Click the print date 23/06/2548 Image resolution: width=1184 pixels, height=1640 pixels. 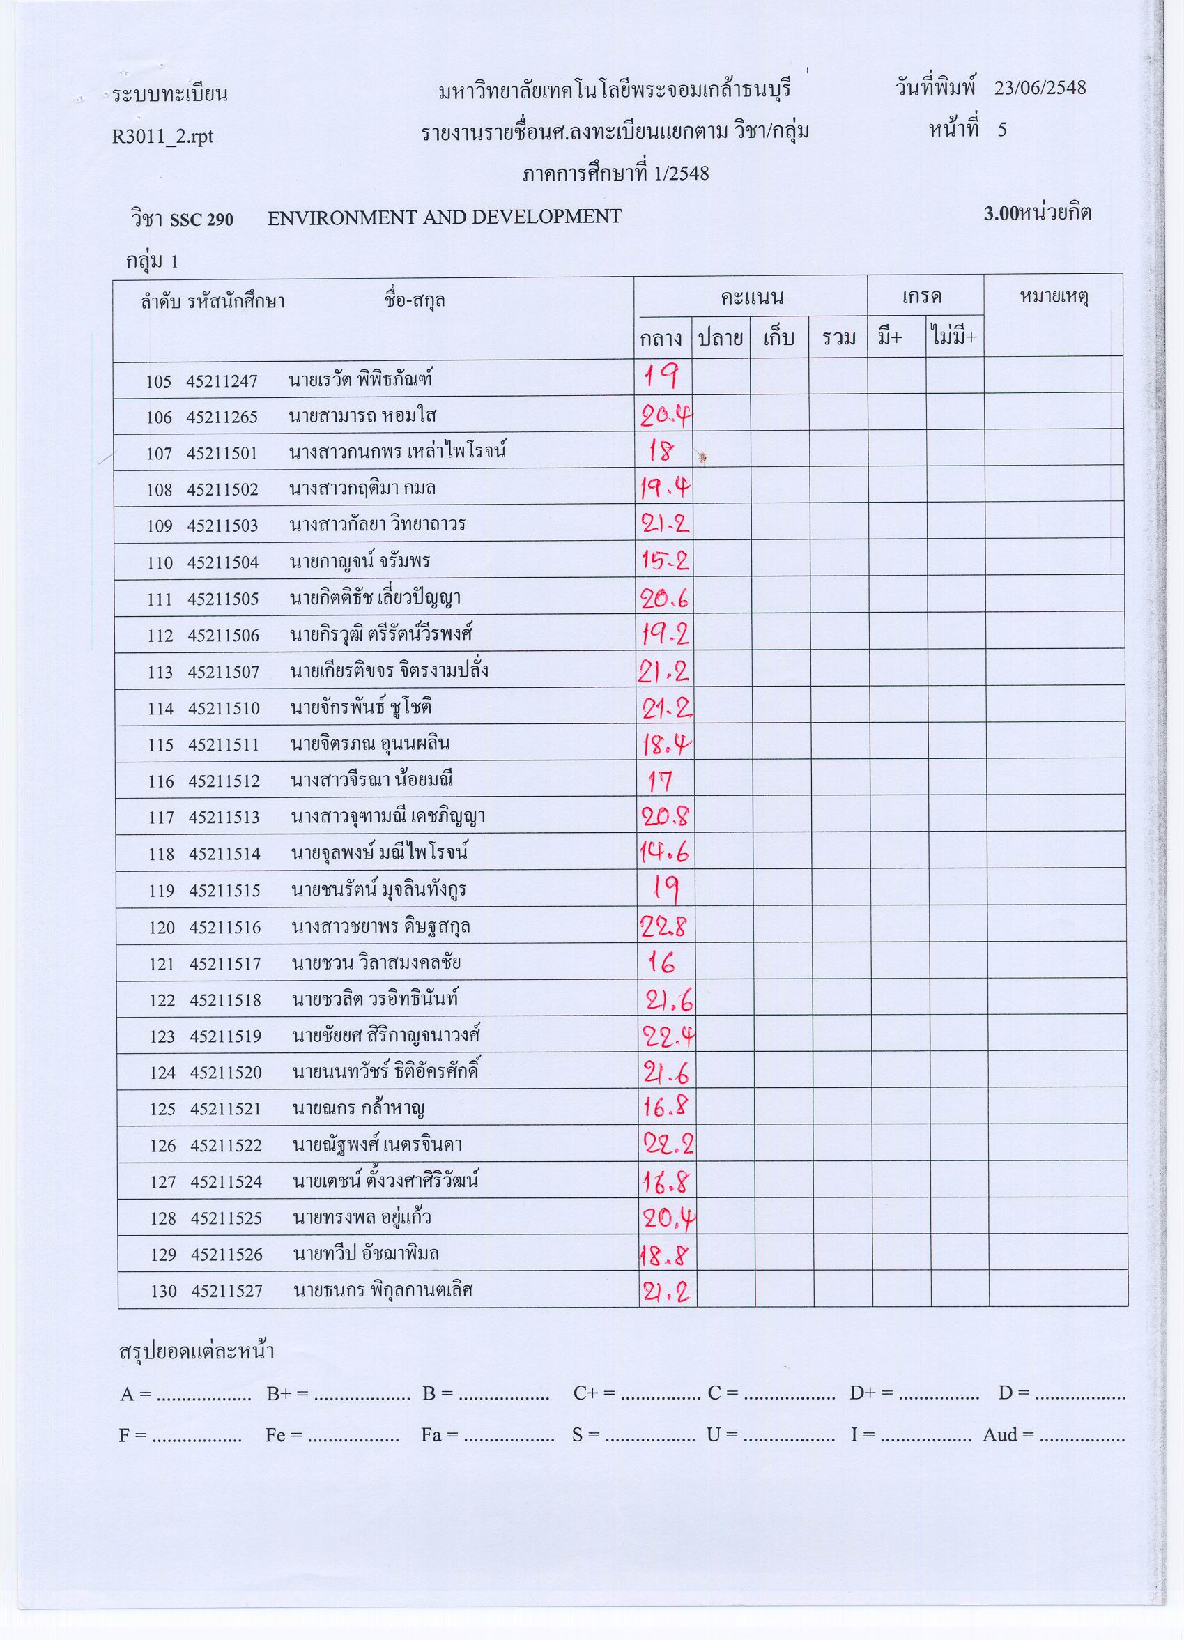point(1040,89)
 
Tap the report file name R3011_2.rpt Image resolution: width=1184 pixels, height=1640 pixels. point(162,137)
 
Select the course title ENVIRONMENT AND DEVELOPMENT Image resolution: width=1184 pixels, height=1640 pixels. point(444,217)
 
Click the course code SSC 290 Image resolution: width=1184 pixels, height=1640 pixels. point(201,220)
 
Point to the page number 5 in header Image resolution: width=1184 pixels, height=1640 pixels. point(1002,130)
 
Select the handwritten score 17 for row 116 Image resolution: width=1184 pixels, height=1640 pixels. point(661,781)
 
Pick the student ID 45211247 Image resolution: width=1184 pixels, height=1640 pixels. point(222,382)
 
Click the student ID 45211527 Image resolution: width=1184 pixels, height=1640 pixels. point(226,1291)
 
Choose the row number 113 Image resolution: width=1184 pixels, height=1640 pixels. point(160,673)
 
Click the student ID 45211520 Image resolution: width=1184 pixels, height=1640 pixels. point(226,1073)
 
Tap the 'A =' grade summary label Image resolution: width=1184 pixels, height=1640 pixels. point(135,1393)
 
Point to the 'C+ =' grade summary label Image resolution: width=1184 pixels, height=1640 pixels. point(594,1393)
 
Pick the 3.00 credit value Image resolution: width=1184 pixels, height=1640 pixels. point(1001,214)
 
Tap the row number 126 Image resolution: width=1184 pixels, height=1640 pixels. point(163,1145)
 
